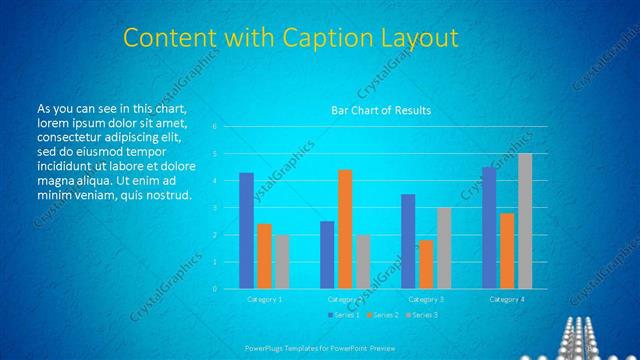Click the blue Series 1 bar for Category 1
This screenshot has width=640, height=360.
(x=246, y=231)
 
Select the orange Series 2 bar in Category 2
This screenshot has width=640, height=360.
(x=345, y=229)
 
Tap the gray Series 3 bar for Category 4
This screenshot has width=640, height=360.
(x=525, y=221)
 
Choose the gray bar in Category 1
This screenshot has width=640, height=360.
(x=283, y=262)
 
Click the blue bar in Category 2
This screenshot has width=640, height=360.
(x=327, y=255)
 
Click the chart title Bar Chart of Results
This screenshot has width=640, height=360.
(x=381, y=111)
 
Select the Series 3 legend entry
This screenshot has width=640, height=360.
(x=422, y=315)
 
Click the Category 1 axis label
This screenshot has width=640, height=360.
(x=265, y=299)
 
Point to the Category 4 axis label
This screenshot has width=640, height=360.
(x=507, y=299)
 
